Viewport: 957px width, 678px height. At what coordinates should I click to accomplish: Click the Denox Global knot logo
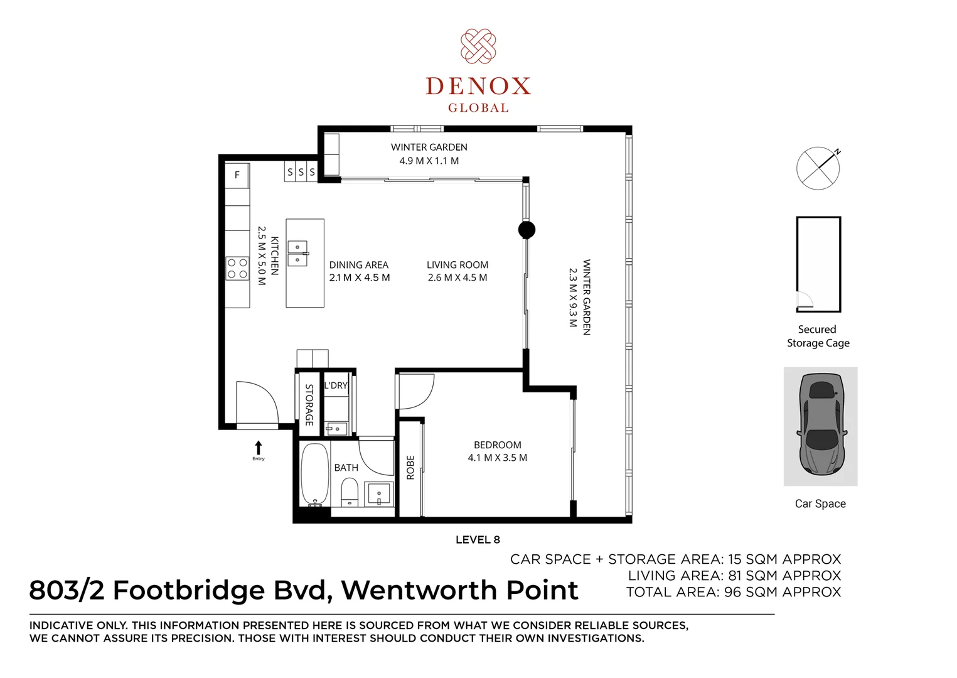click(478, 46)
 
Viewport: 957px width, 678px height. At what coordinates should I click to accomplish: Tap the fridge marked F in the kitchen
click(237, 175)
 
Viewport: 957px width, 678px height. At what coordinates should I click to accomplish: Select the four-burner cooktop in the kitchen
click(237, 269)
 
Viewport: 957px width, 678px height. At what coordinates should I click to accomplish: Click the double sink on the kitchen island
click(297, 252)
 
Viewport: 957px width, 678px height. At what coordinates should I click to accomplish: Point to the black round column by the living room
click(527, 230)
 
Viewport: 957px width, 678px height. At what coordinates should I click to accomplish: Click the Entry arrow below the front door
click(259, 448)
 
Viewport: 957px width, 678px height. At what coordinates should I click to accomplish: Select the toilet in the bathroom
click(350, 492)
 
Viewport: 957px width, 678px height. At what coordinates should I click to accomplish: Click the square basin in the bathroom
click(379, 494)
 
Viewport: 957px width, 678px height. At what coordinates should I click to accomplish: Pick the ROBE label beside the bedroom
click(410, 468)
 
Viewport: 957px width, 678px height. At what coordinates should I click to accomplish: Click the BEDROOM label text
click(497, 445)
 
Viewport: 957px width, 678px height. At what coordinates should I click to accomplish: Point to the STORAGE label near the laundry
click(309, 405)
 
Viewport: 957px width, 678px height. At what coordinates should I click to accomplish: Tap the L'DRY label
click(336, 385)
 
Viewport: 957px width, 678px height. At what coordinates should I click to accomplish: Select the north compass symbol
click(818, 168)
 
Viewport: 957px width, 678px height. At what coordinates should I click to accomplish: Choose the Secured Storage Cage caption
click(818, 336)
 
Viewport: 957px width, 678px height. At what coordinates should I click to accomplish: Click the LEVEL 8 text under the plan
click(478, 540)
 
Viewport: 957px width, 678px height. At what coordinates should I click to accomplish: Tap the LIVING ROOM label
click(457, 265)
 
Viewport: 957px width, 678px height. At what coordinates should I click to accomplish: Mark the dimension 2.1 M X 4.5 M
click(360, 277)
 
